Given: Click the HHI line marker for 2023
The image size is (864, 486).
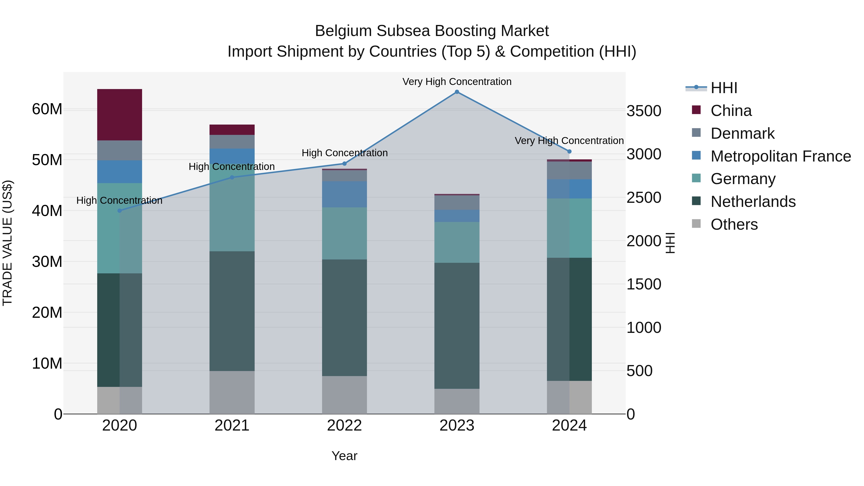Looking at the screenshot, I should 457,92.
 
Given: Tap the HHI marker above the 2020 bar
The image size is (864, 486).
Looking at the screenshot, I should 120,211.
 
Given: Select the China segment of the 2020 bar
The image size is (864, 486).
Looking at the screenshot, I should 120,115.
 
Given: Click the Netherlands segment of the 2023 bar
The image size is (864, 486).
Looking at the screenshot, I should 457,325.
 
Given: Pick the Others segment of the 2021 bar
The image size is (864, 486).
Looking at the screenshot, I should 232,392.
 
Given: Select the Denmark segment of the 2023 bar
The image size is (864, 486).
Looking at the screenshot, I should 457,203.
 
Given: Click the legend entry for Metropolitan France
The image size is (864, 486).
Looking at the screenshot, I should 780,156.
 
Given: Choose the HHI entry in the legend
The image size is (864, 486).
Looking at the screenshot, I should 724,88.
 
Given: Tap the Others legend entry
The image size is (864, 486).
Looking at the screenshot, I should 734,224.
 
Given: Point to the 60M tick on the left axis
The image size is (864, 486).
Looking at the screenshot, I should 47,109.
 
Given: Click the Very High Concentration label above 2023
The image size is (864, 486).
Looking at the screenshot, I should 457,82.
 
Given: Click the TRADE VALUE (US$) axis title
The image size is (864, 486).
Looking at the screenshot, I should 7,243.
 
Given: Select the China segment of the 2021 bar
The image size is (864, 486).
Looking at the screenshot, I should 232,129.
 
